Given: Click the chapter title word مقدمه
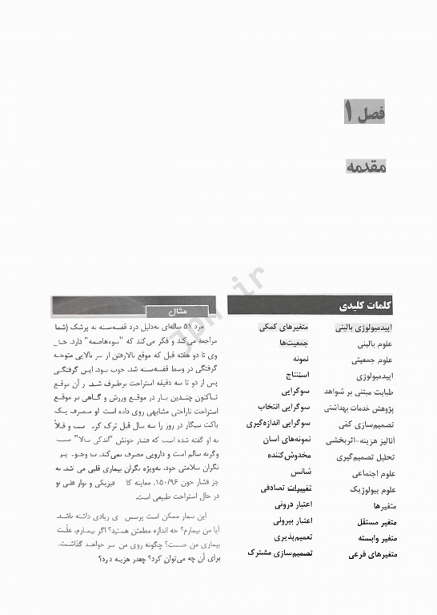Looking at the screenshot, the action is [x=367, y=166].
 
